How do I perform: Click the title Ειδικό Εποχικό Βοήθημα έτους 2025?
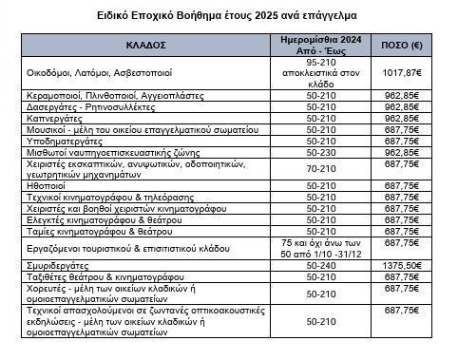click(229, 16)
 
